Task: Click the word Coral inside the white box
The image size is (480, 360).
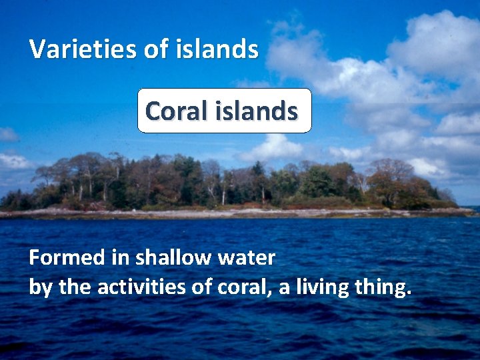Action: (175, 111)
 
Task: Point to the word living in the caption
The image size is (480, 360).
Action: (322, 287)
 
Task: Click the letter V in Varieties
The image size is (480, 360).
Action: (37, 49)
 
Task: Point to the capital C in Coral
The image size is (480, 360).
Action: (153, 111)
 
